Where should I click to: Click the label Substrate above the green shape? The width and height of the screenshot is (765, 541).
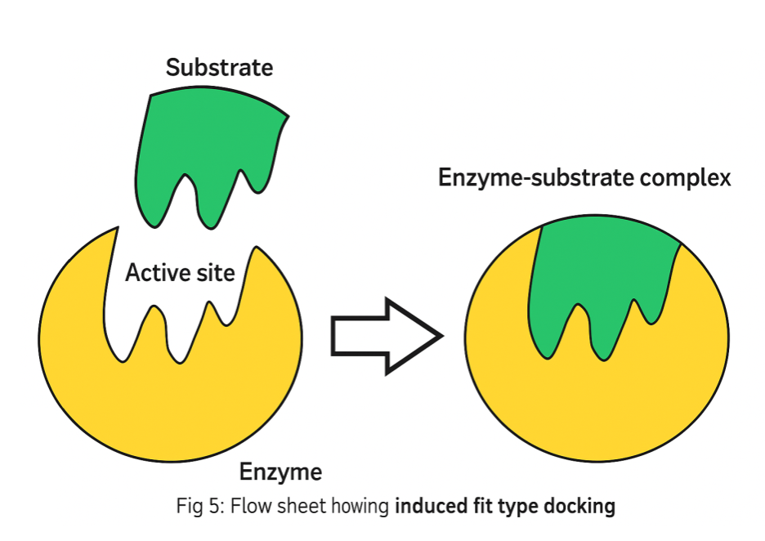(x=219, y=68)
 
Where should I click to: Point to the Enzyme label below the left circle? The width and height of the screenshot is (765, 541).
(x=280, y=472)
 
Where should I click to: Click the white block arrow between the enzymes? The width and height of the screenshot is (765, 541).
(x=376, y=336)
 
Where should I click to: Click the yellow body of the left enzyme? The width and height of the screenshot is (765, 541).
(x=163, y=409)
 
